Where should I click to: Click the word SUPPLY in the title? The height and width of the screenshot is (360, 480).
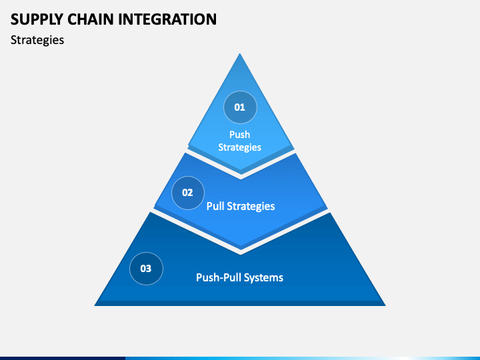tap(37, 19)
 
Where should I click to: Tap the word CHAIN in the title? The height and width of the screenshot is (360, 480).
tap(91, 19)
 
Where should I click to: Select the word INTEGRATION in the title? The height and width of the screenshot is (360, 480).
tap(167, 19)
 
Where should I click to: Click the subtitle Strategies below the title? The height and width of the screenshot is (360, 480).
tap(37, 40)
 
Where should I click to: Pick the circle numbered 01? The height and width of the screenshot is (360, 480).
tap(240, 107)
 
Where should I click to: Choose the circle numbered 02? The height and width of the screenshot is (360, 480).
tap(187, 193)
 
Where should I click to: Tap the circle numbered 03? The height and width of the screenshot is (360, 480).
tap(146, 269)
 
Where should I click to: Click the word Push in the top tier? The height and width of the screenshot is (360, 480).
tap(240, 135)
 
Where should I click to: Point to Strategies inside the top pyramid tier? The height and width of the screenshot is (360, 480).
tap(240, 147)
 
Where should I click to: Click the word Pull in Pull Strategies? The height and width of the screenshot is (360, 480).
tap(215, 206)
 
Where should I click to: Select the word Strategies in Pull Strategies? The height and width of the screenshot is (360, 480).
tap(251, 206)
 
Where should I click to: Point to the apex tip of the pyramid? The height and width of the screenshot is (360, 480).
tap(240, 54)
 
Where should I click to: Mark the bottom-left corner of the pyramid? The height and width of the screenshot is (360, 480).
tap(94, 305)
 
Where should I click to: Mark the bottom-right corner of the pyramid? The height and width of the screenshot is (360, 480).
tap(386, 305)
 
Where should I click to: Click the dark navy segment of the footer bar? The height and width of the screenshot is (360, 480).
tap(63, 358)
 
